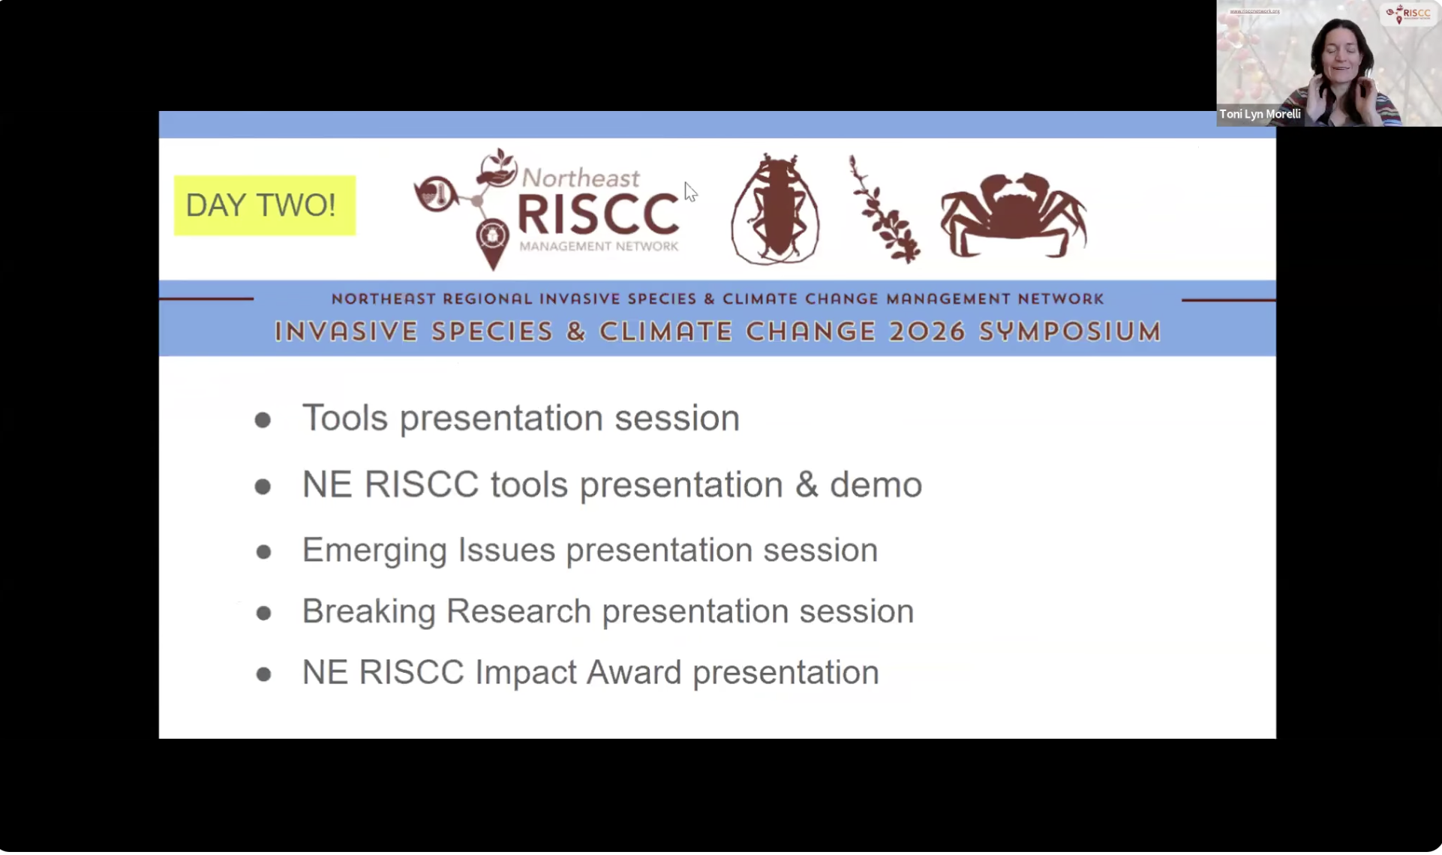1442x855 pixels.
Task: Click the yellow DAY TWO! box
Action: pyautogui.click(x=264, y=205)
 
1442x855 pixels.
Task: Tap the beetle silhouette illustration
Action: pyautogui.click(x=775, y=209)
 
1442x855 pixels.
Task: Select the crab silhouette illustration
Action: pyautogui.click(x=1014, y=215)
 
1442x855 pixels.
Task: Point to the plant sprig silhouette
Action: pyautogui.click(x=883, y=209)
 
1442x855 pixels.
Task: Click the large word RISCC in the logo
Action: pyautogui.click(x=598, y=214)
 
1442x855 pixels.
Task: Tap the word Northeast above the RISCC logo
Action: pyautogui.click(x=581, y=178)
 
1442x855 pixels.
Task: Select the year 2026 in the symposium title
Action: pyautogui.click(x=927, y=331)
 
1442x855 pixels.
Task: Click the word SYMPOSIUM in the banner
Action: pyautogui.click(x=1070, y=331)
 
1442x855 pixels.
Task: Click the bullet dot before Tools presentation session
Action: pyautogui.click(x=263, y=420)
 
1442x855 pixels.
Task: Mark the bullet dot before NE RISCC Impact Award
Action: pyautogui.click(x=263, y=674)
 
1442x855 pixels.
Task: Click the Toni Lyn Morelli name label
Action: pyautogui.click(x=1260, y=114)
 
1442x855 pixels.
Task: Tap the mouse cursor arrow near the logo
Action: pyautogui.click(x=690, y=192)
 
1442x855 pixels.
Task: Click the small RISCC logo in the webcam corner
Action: pyautogui.click(x=1408, y=13)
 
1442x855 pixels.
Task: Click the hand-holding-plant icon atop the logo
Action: pyautogui.click(x=496, y=168)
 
